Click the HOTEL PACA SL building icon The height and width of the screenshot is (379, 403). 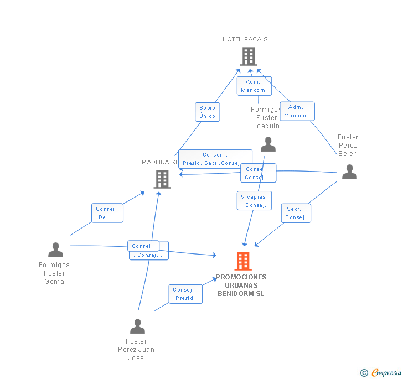(249, 56)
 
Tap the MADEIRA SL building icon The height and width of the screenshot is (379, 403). (162, 179)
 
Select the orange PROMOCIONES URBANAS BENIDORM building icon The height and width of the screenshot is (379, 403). (242, 261)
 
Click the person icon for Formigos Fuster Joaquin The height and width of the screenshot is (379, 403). (268, 144)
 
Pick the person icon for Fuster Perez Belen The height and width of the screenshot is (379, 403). (349, 172)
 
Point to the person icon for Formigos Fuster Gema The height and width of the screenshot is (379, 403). (55, 250)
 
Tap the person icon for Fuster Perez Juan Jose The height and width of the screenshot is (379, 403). (137, 326)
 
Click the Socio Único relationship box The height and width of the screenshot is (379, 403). (208, 112)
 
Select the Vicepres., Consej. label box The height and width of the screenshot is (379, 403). (254, 201)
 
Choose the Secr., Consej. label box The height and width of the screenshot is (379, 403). (296, 213)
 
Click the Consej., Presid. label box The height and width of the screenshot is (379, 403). (185, 294)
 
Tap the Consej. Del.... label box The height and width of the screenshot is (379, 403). (107, 213)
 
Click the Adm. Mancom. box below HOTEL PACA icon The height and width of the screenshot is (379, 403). (254, 86)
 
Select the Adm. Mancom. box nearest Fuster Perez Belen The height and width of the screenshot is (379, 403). (297, 111)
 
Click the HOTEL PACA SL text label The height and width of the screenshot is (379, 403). (247, 39)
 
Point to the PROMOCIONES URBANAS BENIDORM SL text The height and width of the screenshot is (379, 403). (241, 285)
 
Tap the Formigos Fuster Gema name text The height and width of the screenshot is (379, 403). (54, 273)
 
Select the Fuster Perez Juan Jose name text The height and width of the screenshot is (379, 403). (136, 350)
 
